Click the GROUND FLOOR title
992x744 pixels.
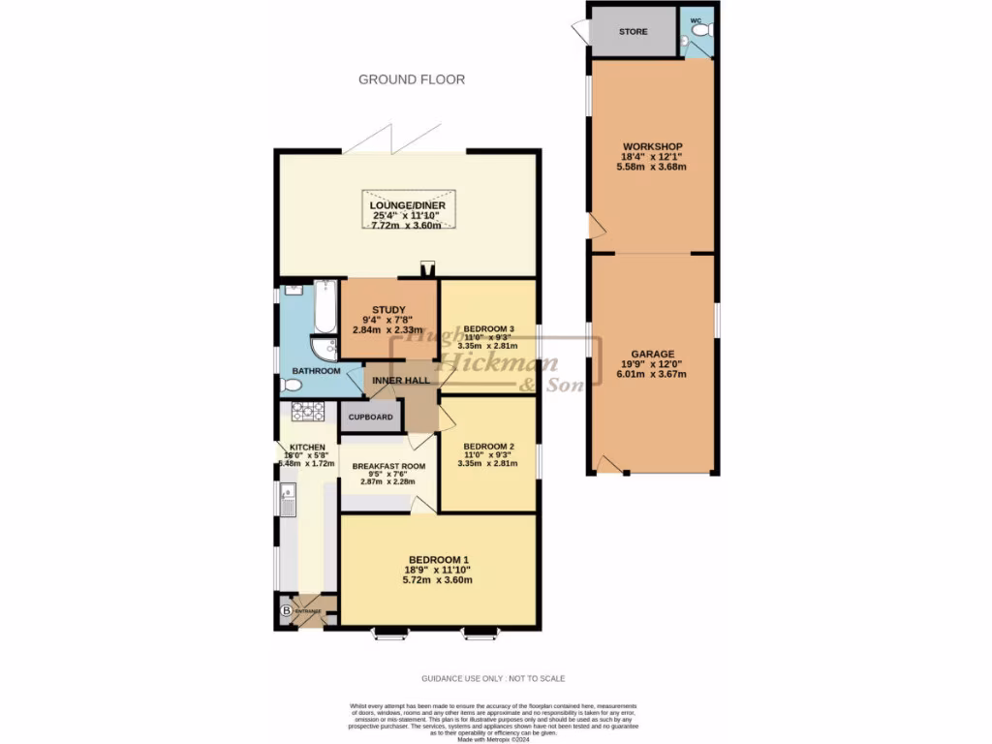(x=412, y=79)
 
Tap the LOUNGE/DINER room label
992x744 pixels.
(x=406, y=205)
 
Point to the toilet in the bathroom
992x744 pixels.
(x=291, y=386)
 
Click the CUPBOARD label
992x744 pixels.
(x=370, y=418)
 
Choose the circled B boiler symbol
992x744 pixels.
(x=286, y=612)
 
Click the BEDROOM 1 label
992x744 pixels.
(x=439, y=560)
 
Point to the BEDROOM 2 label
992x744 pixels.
(x=488, y=448)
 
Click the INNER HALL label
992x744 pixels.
(x=400, y=381)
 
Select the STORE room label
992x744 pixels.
(x=633, y=32)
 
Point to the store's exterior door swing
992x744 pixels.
(x=578, y=32)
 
